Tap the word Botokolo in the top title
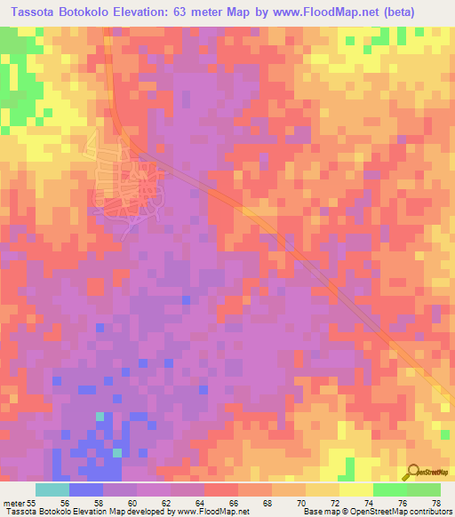[93, 10]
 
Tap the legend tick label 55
[34, 501]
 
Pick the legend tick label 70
[307, 501]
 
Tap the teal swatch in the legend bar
[52, 489]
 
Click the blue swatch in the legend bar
[85, 489]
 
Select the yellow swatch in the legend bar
[355, 489]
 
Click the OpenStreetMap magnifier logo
[413, 471]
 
